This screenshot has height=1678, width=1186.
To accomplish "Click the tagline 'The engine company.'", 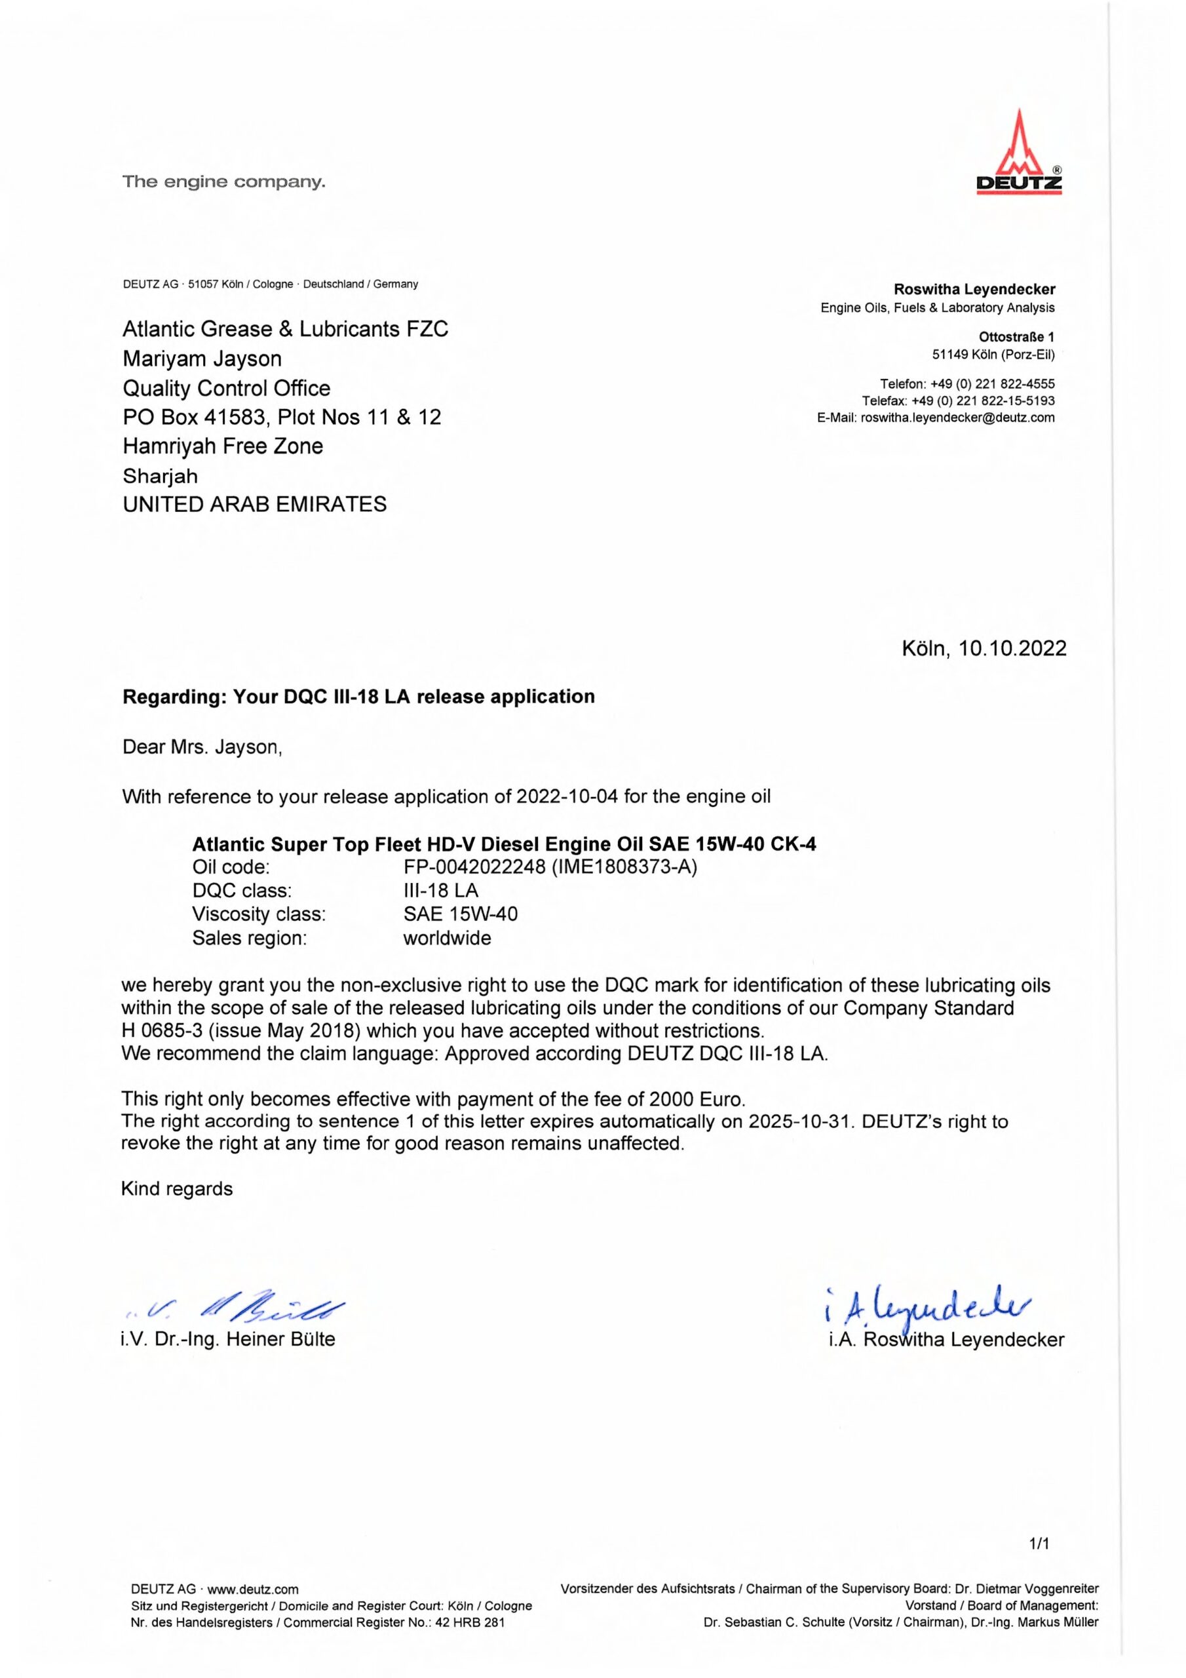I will pos(223,182).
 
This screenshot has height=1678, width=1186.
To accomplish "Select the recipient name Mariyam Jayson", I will pos(202,359).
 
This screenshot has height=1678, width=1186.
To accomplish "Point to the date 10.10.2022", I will pos(1012,648).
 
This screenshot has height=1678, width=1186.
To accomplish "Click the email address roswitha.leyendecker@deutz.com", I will pos(957,418).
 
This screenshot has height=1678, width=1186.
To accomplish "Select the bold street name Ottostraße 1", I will pos(1016,337).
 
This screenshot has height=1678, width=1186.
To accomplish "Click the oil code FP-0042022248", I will pos(474,867).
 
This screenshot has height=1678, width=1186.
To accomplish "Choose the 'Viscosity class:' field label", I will pos(259,914).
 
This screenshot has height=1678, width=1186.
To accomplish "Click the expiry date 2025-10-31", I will pos(801,1121).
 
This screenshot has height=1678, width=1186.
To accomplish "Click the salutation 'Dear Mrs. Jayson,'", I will pos(202,747).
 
